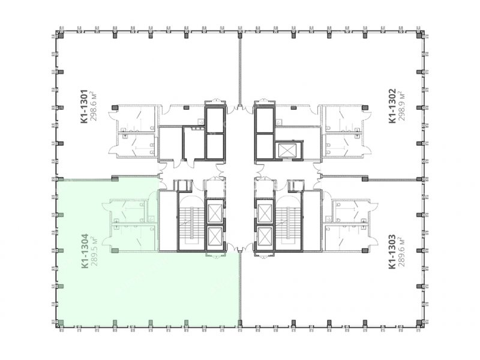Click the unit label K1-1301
[x=85, y=106]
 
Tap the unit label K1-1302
[x=392, y=106]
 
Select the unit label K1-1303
[x=392, y=251]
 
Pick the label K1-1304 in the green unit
[x=85, y=251]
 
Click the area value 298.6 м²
[x=94, y=106]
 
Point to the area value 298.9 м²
[x=402, y=106]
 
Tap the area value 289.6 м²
[x=402, y=251]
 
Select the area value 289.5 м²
[x=94, y=251]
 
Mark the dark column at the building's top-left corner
[x=61, y=35]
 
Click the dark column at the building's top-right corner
[x=419, y=35]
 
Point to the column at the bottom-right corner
[x=419, y=322]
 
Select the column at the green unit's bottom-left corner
[x=61, y=322]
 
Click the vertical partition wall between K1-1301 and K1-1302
[x=240, y=69]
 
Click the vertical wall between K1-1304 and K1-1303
[x=240, y=289]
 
